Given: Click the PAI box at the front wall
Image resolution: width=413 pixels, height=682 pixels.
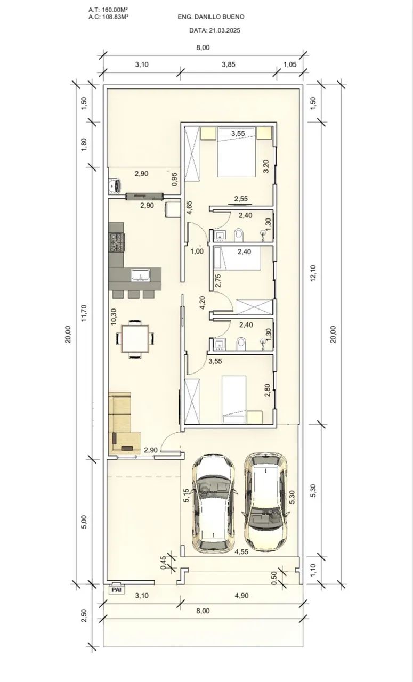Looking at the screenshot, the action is pyautogui.click(x=117, y=590).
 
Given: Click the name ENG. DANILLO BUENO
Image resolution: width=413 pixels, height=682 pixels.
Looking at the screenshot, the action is pyautogui.click(x=211, y=17).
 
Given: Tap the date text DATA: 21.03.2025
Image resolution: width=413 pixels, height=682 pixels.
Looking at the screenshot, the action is pyautogui.click(x=215, y=30).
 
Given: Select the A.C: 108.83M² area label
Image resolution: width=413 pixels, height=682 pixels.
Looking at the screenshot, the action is pyautogui.click(x=108, y=17).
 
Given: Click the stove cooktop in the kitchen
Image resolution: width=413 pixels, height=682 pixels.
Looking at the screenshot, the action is pyautogui.click(x=116, y=242).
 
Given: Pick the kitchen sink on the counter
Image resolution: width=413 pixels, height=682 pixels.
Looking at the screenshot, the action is pyautogui.click(x=140, y=274).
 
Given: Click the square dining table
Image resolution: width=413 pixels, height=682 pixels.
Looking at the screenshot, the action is pyautogui.click(x=135, y=338).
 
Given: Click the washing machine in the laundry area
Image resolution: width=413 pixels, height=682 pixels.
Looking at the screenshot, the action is pyautogui.click(x=115, y=185).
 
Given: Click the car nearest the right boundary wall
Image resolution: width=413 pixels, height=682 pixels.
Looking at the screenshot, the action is pyautogui.click(x=265, y=502).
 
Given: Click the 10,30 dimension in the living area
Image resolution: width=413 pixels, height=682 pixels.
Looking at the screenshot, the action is pyautogui.click(x=114, y=316).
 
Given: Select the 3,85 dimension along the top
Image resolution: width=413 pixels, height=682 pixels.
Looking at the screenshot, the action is pyautogui.click(x=229, y=64).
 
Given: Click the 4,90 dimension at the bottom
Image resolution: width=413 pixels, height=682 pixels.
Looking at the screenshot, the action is pyautogui.click(x=242, y=596).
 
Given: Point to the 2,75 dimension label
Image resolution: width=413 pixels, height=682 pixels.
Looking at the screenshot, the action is pyautogui.click(x=218, y=281).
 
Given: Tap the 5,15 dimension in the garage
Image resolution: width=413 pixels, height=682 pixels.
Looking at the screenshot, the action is pyautogui.click(x=187, y=496).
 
